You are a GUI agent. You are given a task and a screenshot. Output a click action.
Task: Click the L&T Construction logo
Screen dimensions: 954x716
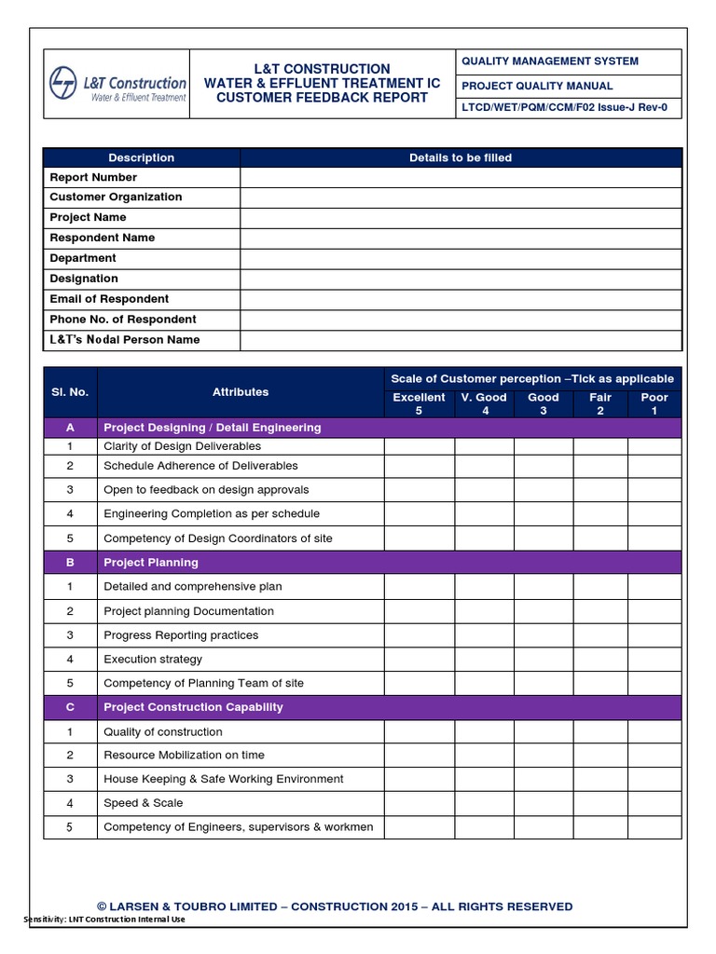tap(117, 84)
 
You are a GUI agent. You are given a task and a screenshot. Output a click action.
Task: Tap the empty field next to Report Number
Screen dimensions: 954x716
tap(461, 177)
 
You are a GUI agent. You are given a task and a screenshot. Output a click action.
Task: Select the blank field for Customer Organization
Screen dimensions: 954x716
tap(461, 198)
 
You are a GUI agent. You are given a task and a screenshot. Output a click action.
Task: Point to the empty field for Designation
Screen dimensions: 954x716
tap(461, 279)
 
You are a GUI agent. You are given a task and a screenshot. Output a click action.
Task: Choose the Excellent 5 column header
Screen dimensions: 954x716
tap(419, 403)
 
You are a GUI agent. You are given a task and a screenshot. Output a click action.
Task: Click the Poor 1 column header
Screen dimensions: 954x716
tap(654, 403)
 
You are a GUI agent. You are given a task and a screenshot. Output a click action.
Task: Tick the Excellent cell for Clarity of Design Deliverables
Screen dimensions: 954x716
tap(419, 446)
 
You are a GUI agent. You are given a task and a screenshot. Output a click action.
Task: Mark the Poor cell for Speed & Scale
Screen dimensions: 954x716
tap(654, 803)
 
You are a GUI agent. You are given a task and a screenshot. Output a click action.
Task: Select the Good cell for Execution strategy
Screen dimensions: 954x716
tap(543, 660)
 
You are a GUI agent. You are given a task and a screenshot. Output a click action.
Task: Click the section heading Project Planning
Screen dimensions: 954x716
tap(151, 563)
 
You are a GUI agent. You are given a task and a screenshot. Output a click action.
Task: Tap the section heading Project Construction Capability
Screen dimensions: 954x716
tap(193, 707)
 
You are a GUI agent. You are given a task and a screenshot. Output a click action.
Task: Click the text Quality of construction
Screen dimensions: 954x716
tap(163, 732)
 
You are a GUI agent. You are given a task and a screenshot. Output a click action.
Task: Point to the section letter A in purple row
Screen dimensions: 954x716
tap(70, 428)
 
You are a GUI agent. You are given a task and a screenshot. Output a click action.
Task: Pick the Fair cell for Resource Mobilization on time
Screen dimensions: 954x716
tap(599, 755)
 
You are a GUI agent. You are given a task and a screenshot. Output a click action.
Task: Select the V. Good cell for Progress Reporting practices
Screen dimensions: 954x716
tap(484, 635)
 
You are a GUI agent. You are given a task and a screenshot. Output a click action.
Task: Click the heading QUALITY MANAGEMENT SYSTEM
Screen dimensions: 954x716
tap(550, 61)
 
